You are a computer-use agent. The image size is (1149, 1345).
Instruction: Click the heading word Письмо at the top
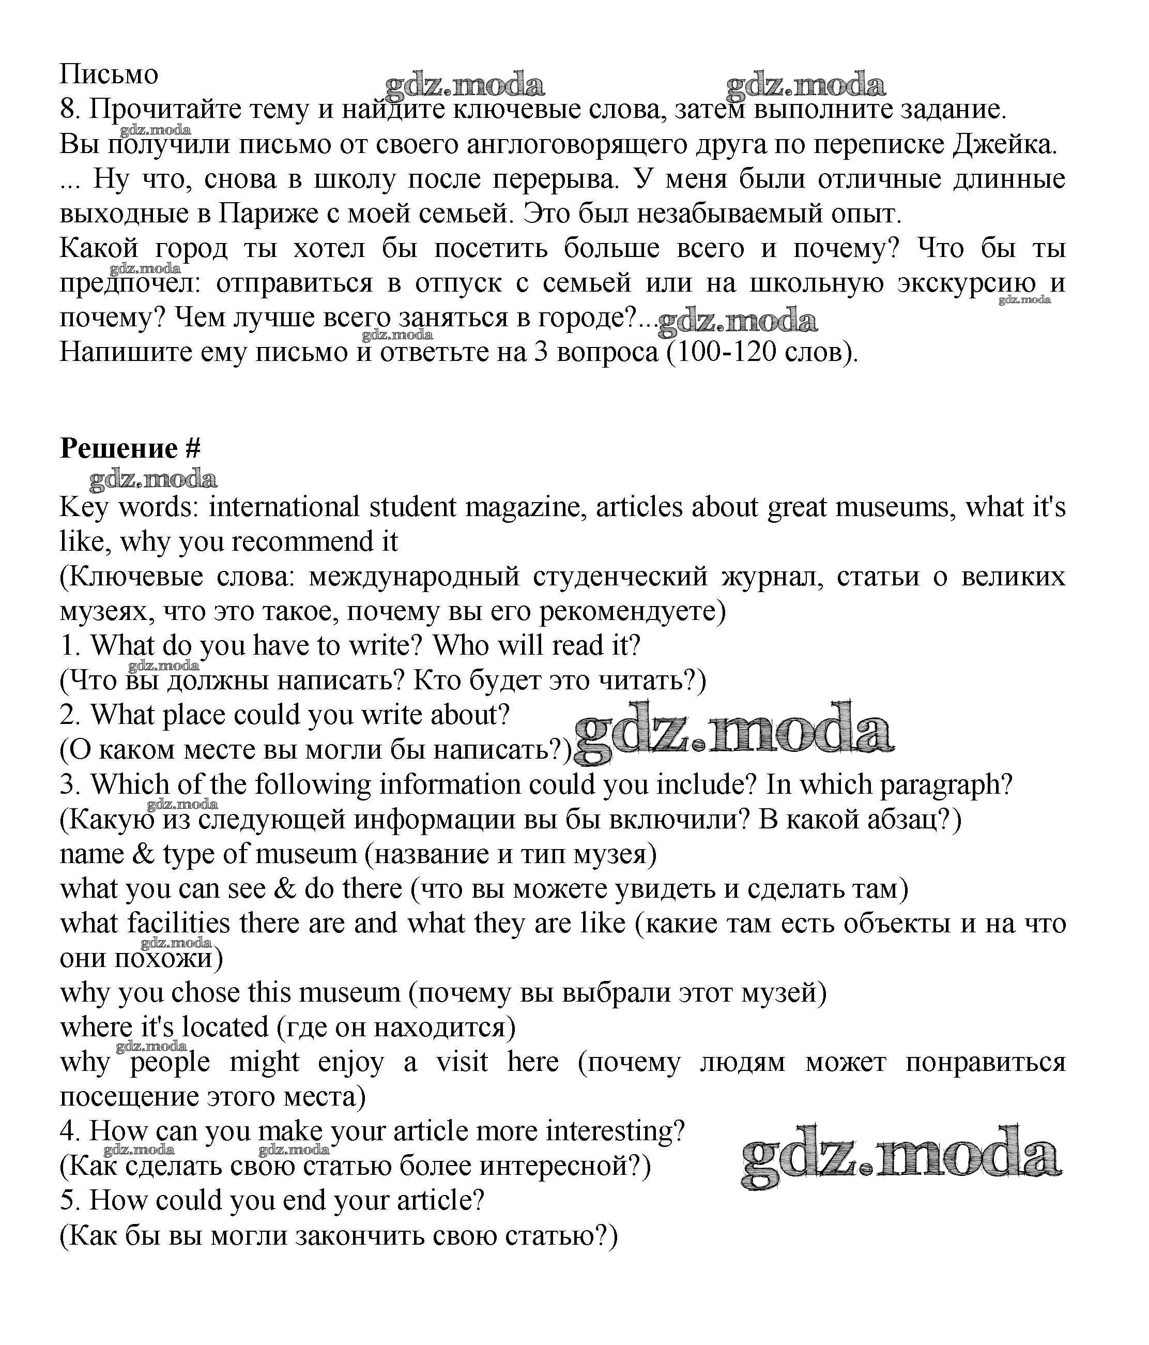coord(109,74)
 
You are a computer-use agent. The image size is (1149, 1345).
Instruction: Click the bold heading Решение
coord(118,448)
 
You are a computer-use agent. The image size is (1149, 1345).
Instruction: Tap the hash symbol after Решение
coord(193,448)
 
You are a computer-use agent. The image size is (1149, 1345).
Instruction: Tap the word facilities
coord(178,924)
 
